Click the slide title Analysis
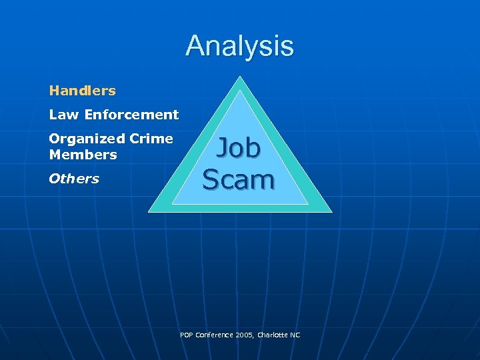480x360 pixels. tap(239, 46)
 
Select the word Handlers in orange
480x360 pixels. tap(82, 91)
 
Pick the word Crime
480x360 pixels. tap(151, 139)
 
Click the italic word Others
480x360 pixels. tap(74, 179)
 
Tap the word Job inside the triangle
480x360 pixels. tap(238, 148)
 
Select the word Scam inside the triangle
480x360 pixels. tap(238, 179)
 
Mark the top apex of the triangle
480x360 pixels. tap(240, 77)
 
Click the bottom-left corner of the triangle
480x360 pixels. tap(149, 211)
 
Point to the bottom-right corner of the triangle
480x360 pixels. tap(331, 211)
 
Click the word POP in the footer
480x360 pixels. tap(187, 335)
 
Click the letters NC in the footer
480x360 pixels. tap(295, 335)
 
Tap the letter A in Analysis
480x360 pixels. tap(194, 46)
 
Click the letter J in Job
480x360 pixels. tap(222, 148)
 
